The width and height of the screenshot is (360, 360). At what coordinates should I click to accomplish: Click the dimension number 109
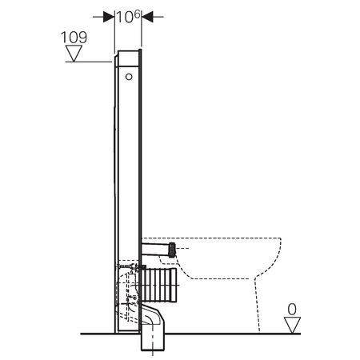74,38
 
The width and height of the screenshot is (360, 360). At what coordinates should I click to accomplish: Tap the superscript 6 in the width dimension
137,14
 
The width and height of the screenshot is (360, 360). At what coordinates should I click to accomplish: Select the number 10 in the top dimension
125,18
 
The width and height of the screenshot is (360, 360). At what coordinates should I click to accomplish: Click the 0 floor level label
292,310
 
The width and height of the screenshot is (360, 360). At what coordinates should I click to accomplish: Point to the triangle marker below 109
74,54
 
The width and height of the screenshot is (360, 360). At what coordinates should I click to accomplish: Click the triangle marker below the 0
292,325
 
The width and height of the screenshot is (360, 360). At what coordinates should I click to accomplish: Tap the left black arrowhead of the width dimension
109,17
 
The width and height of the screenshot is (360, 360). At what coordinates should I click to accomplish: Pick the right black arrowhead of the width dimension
147,17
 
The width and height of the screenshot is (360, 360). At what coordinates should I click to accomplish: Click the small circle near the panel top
129,77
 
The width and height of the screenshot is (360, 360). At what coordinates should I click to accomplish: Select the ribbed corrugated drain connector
158,285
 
